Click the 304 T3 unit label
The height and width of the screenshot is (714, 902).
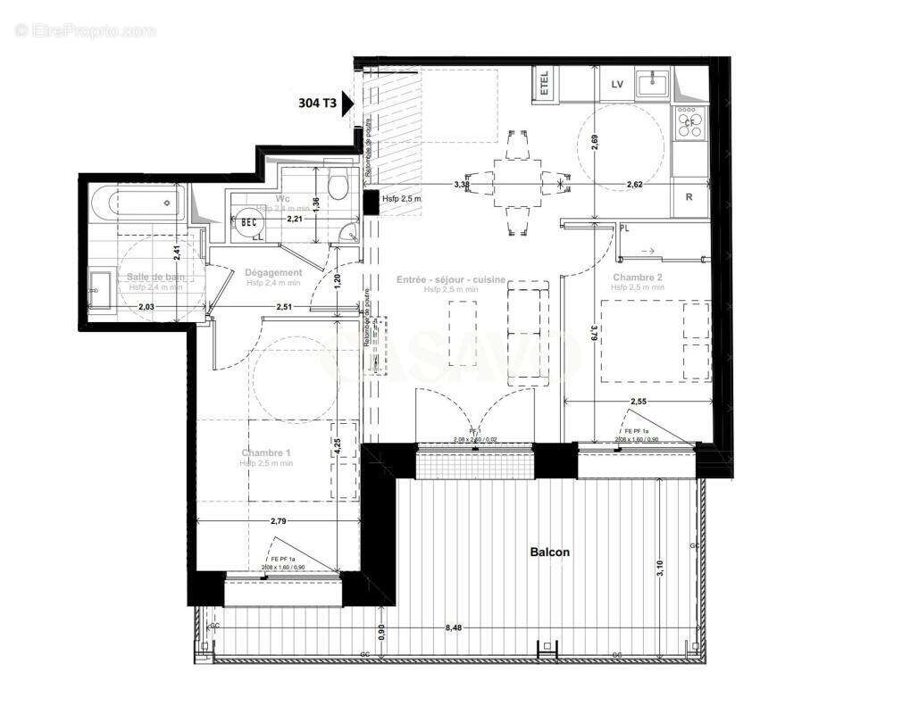point(317,103)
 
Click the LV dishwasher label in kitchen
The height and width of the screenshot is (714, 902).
point(616,84)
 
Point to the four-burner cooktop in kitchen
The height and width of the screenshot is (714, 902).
point(689,120)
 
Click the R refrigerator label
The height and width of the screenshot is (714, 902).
point(689,198)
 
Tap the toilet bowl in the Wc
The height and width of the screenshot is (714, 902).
point(338,185)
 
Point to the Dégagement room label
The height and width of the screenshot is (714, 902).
point(274,273)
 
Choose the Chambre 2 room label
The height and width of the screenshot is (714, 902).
point(638,278)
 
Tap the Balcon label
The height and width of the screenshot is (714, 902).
point(549,552)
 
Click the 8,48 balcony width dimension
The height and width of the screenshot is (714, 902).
point(455,627)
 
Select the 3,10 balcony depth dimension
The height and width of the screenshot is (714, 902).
point(661,566)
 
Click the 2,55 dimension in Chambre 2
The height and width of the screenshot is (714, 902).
point(639,402)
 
